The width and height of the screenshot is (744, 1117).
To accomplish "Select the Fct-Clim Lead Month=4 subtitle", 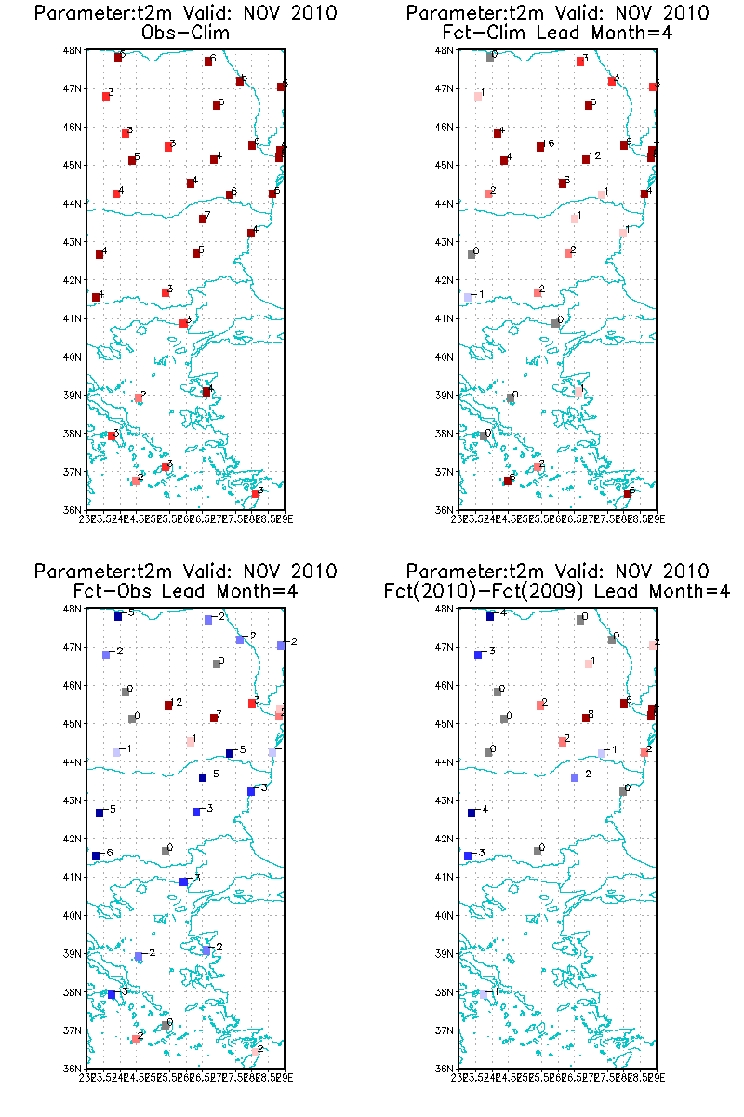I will tap(557, 34).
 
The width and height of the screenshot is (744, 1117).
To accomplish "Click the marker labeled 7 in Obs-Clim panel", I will tap(203, 220).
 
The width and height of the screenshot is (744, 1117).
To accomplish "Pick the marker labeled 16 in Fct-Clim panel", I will tap(540, 147).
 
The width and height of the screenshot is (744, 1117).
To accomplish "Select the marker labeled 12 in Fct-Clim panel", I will tap(586, 160).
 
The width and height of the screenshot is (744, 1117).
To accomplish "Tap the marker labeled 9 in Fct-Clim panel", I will tap(624, 145).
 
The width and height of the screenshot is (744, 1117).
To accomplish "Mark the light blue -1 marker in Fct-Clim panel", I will tap(468, 298).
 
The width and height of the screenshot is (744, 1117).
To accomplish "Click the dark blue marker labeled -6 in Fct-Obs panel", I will tap(96, 855).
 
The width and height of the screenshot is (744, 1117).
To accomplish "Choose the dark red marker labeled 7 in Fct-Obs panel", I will tap(214, 718).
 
